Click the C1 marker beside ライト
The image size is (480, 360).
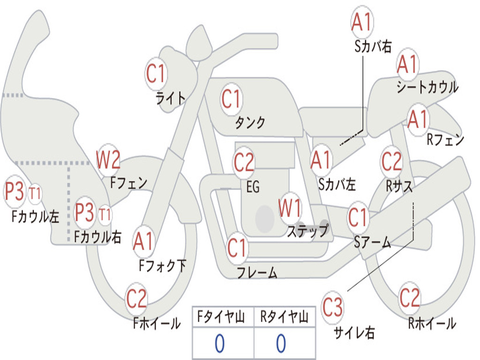pos(156,74)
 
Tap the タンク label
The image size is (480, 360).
pos(250,122)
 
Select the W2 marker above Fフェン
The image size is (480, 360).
pos(108,160)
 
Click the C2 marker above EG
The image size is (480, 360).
pos(244,162)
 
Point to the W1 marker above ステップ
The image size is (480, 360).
pos(290,209)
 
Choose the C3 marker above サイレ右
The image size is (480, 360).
pos(332,307)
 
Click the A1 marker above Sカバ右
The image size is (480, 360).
pos(362,22)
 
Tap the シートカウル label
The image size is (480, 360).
pos(427,87)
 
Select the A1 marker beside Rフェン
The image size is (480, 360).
pos(418,120)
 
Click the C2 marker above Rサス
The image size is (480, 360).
pos(391,161)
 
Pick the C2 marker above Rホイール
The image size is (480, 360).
pos(410,298)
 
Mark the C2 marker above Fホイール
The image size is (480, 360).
pos(136,299)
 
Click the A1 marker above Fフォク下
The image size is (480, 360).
pos(143,241)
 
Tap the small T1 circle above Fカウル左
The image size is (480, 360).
pos(35,194)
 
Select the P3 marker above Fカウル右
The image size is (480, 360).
pos(84,212)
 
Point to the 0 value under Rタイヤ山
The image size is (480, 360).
pos(282,343)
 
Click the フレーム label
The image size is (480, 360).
pos(257,272)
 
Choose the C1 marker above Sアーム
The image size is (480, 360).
pos(358,217)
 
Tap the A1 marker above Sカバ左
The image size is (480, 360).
pos(321,160)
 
